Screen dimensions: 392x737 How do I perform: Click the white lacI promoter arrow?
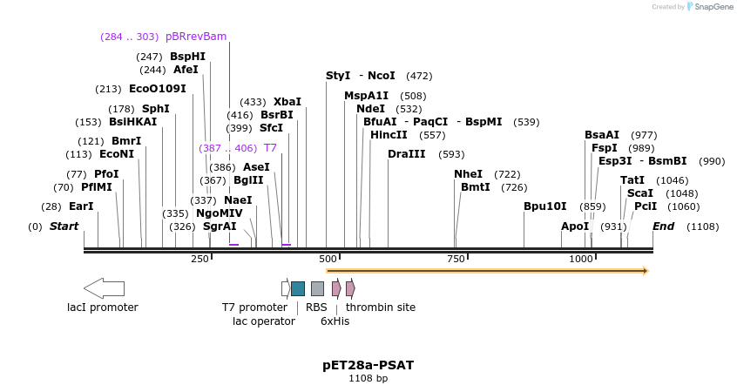tap(104, 288)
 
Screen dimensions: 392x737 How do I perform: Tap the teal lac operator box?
tap(298, 288)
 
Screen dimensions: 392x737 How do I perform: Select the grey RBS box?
tap(317, 288)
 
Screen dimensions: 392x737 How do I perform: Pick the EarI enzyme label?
tap(81, 206)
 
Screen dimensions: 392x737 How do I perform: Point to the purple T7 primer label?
tap(270, 148)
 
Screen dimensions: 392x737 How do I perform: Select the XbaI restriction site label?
tap(287, 102)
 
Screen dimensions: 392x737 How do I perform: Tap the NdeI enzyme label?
tap(371, 109)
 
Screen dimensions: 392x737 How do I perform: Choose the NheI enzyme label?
tap(468, 174)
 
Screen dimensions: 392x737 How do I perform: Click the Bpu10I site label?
tap(544, 206)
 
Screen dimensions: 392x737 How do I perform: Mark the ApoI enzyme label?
tap(575, 226)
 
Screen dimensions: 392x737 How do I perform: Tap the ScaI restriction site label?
tap(640, 193)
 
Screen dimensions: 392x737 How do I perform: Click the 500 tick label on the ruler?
tap(328, 259)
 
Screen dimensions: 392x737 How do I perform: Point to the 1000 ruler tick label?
tap(581, 259)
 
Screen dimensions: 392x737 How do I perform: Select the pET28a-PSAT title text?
tap(368, 365)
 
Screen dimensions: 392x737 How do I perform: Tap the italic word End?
tap(663, 226)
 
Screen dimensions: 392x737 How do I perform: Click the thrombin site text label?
tap(381, 308)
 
